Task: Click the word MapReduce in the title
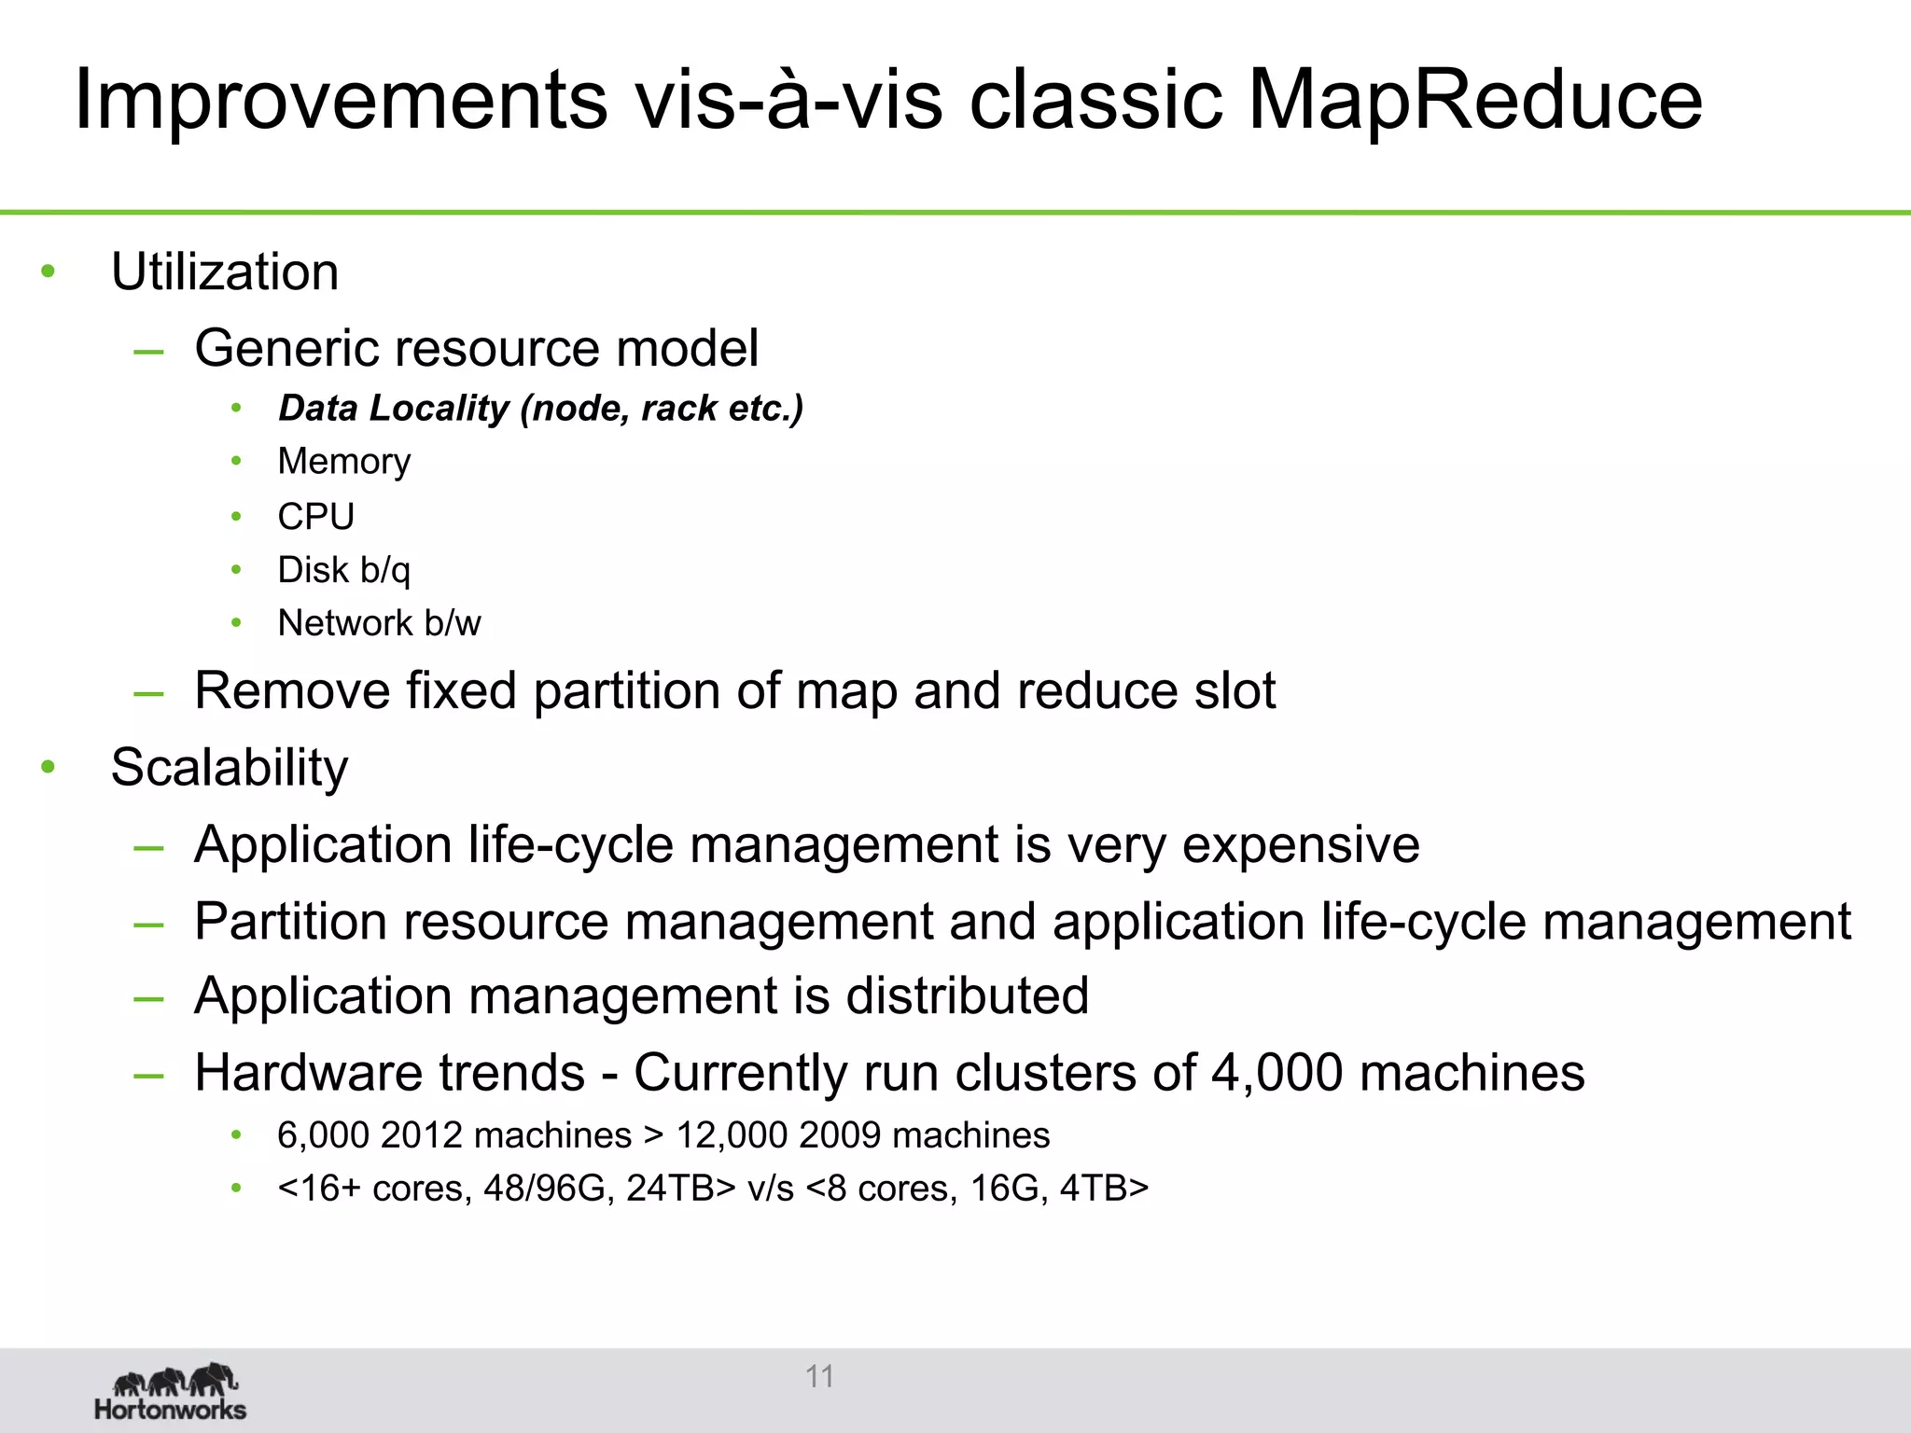(1474, 101)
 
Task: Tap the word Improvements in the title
(341, 101)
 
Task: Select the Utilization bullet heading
(225, 272)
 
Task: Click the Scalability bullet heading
(230, 768)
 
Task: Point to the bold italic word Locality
(439, 408)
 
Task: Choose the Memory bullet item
(344, 462)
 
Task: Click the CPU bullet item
(316, 516)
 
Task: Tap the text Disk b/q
(344, 570)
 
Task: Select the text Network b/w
(380, 623)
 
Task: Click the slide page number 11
(820, 1376)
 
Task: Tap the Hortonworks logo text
(171, 1409)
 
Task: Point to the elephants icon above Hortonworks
(175, 1378)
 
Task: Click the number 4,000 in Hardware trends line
(1276, 1073)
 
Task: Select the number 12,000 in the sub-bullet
(732, 1135)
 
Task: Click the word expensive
(1301, 845)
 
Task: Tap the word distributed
(967, 995)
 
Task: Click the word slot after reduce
(1234, 691)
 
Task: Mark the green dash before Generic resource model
(149, 352)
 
